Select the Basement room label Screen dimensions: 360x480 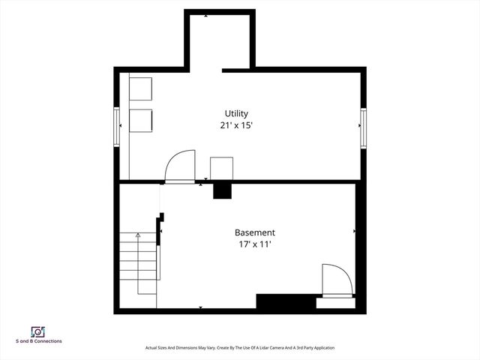(254, 232)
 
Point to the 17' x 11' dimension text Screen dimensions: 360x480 (254, 244)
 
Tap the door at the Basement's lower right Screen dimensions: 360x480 (336, 280)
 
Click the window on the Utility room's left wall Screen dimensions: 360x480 (117, 126)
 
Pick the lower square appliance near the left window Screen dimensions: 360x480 (140, 120)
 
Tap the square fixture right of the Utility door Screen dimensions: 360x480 (222, 168)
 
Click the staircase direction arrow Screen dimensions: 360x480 (138, 237)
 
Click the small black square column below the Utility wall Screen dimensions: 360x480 (222, 190)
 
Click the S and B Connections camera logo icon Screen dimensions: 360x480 (37, 331)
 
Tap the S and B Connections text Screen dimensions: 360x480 (39, 341)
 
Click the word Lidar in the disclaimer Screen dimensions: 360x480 (259, 348)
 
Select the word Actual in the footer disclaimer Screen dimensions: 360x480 (152, 348)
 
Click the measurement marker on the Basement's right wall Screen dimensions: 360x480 (354, 232)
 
